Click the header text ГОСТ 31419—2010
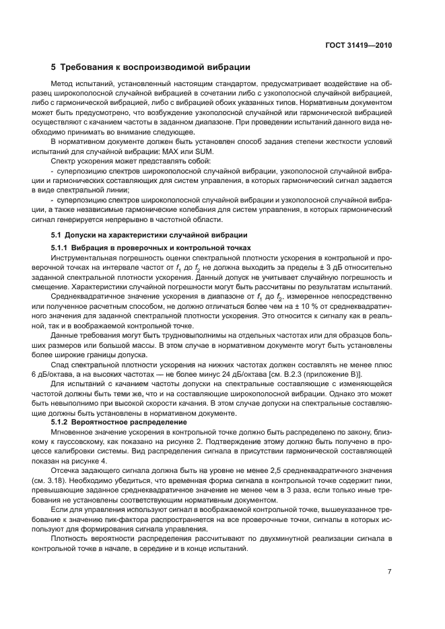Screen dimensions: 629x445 tap(359, 45)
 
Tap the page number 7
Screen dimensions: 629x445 tap(390, 571)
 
